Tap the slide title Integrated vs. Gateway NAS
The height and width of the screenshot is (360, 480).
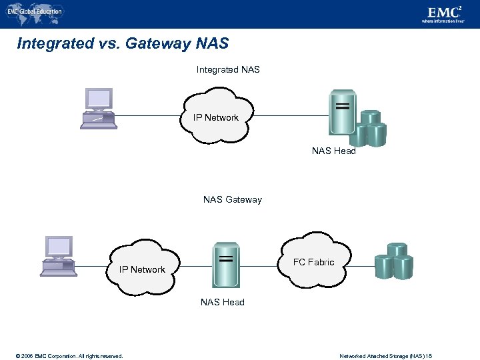[x=123, y=44]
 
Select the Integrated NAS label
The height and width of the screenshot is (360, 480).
[x=228, y=69]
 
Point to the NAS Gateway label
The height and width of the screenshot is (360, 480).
[x=232, y=199]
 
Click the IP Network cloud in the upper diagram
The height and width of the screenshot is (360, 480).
[x=216, y=118]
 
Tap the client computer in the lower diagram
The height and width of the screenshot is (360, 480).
[x=58, y=256]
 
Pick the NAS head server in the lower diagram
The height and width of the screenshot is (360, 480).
[x=226, y=263]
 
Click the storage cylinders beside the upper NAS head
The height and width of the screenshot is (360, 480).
[x=369, y=128]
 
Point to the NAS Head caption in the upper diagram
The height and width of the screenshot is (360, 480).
[x=333, y=151]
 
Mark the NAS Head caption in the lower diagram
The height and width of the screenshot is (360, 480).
[x=223, y=302]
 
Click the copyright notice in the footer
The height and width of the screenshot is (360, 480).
[x=63, y=356]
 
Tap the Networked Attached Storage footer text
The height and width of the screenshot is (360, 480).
[x=385, y=356]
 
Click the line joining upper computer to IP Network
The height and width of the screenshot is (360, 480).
[x=150, y=116]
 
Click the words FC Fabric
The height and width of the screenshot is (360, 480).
[x=313, y=262]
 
